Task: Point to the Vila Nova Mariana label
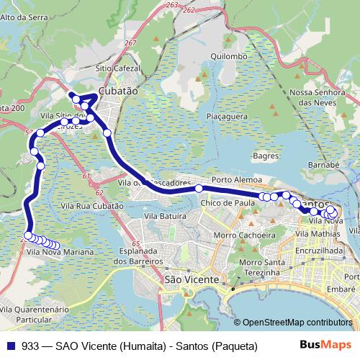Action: click(x=60, y=252)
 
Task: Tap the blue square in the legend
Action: click(x=11, y=346)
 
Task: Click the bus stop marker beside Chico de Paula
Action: click(x=199, y=189)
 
